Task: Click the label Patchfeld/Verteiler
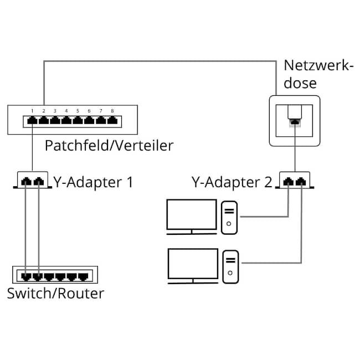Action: point(109,146)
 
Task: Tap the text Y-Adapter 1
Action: point(93,182)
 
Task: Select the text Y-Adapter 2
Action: point(232,182)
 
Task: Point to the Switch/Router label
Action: point(55,293)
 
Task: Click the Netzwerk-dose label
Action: point(318,74)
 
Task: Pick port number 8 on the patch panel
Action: point(112,119)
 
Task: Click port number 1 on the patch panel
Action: point(32,119)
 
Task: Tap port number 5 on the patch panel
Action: point(78,119)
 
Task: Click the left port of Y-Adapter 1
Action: point(27,181)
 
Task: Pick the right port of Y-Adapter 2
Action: point(301,181)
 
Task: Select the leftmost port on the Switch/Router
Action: point(27,275)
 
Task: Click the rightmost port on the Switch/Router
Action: point(84,275)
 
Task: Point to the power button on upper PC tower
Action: point(229,225)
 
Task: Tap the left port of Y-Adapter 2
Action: point(289,181)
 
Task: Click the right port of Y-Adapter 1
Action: point(38,181)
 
